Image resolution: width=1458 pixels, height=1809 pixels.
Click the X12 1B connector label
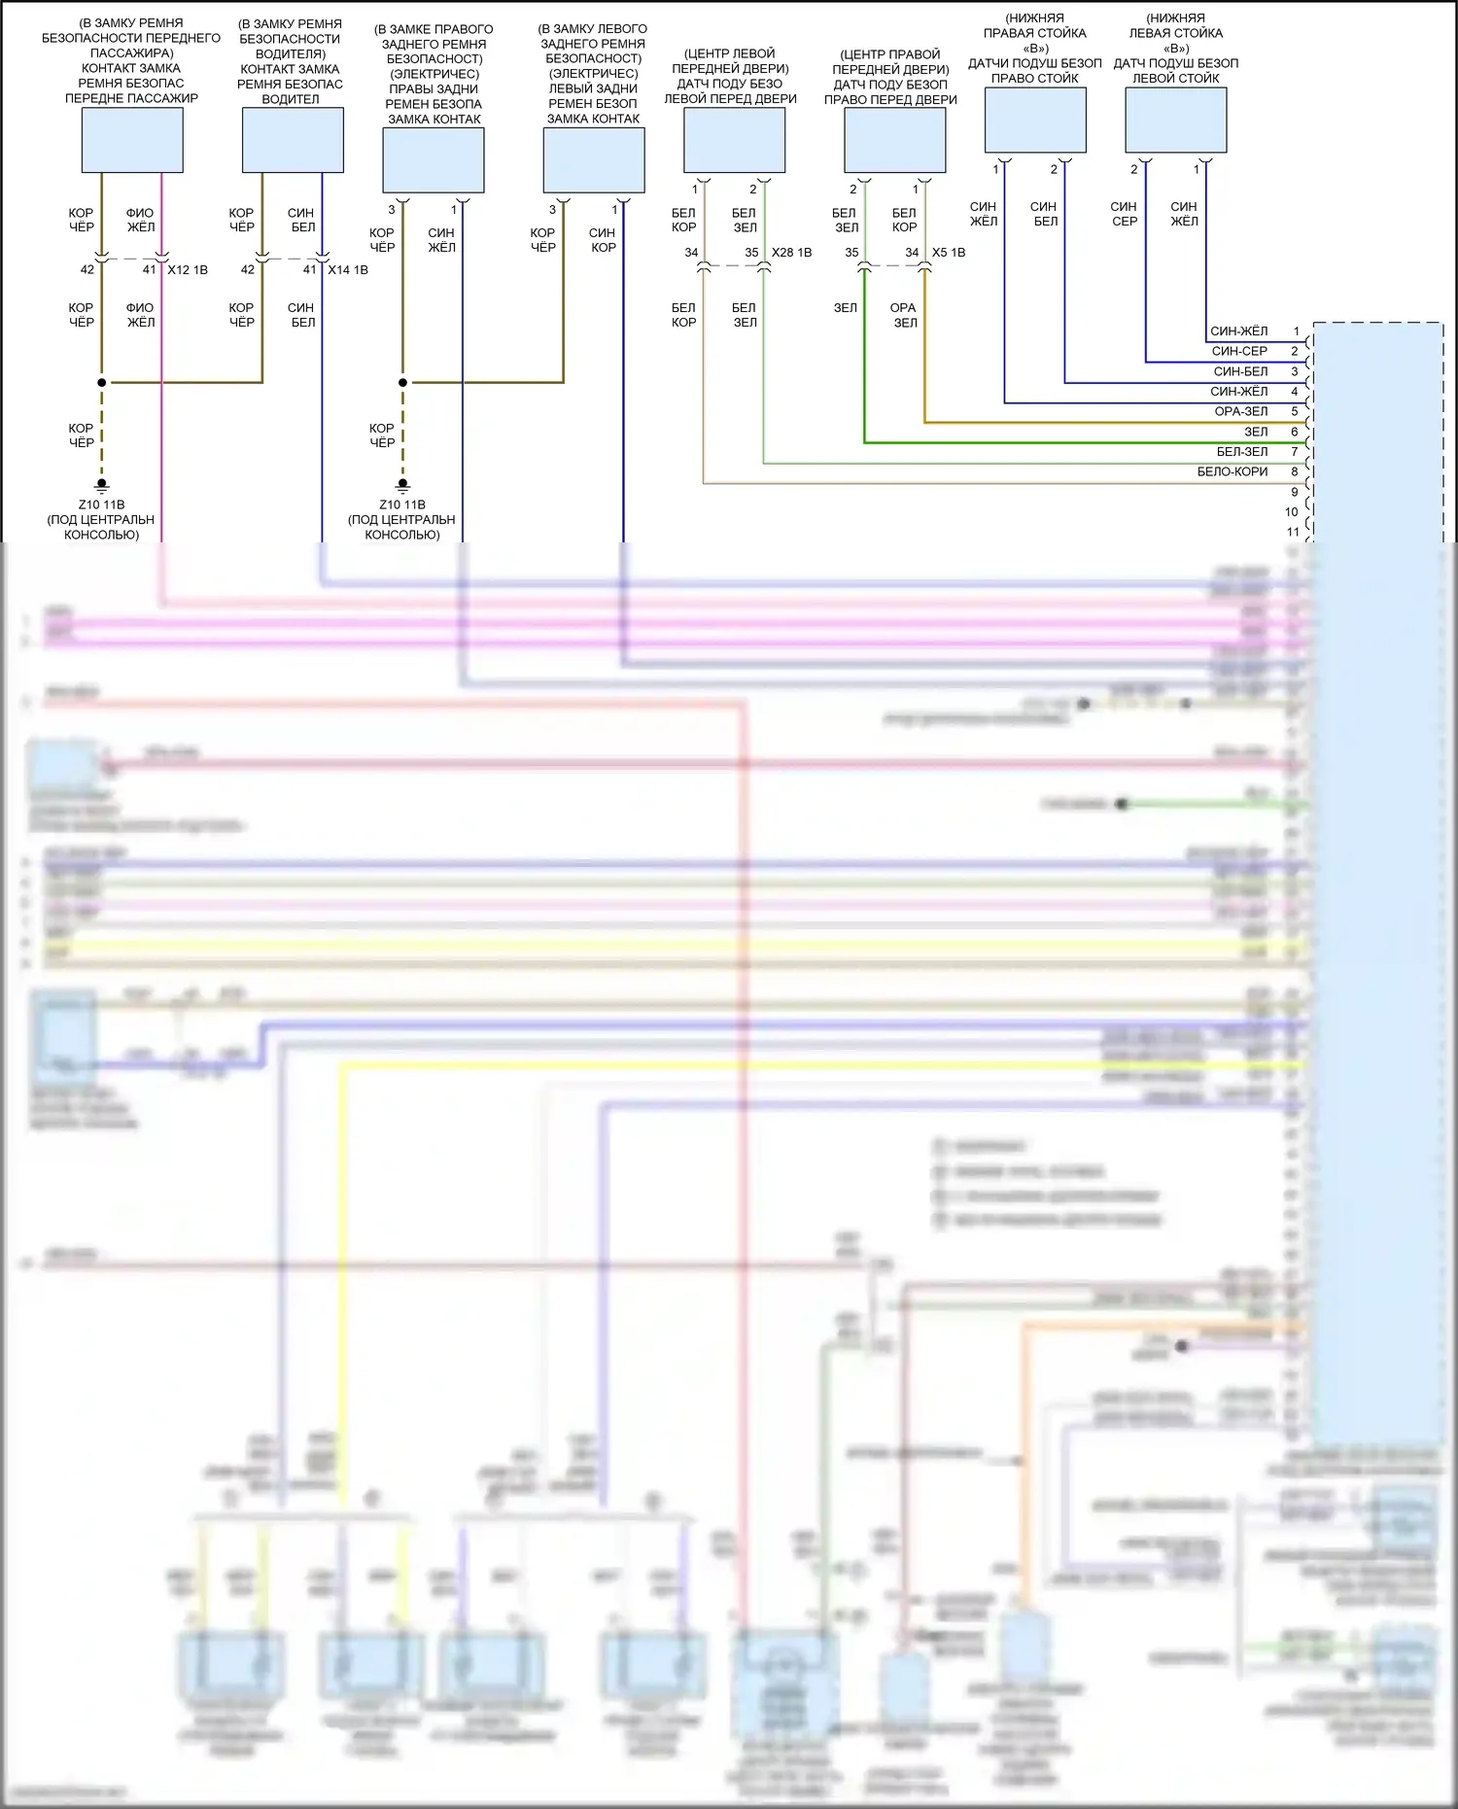tap(188, 270)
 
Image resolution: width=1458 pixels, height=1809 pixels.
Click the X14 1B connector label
tap(348, 270)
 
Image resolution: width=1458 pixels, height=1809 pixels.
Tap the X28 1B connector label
tap(791, 253)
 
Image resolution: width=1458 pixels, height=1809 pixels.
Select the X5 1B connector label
tap(949, 253)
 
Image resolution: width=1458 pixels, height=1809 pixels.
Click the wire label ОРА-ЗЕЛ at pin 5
tap(1241, 411)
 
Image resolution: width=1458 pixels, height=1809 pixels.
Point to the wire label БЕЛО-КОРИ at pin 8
tap(1232, 471)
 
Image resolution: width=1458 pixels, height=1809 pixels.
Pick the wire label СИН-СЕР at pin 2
tap(1239, 351)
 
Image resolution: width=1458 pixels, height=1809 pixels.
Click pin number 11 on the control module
tap(1293, 532)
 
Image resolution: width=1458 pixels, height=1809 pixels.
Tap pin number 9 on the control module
tap(1295, 492)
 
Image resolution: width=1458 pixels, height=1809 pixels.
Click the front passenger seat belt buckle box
tap(132, 140)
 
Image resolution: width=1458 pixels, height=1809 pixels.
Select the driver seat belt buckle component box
tap(293, 140)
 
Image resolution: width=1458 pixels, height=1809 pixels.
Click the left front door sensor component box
tap(735, 140)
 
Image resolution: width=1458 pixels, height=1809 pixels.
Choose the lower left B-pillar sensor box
tap(1176, 121)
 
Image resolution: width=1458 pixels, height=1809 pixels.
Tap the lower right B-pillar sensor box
tap(1035, 121)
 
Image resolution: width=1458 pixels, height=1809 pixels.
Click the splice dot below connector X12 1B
tap(102, 383)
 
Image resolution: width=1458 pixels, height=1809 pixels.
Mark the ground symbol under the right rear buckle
tap(402, 485)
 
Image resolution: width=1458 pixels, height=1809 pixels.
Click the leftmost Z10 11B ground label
tap(102, 504)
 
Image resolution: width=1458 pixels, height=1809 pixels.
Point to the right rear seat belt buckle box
tap(434, 160)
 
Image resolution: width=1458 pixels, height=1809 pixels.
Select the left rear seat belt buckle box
tap(594, 160)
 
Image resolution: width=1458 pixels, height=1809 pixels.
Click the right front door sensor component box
tap(895, 140)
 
